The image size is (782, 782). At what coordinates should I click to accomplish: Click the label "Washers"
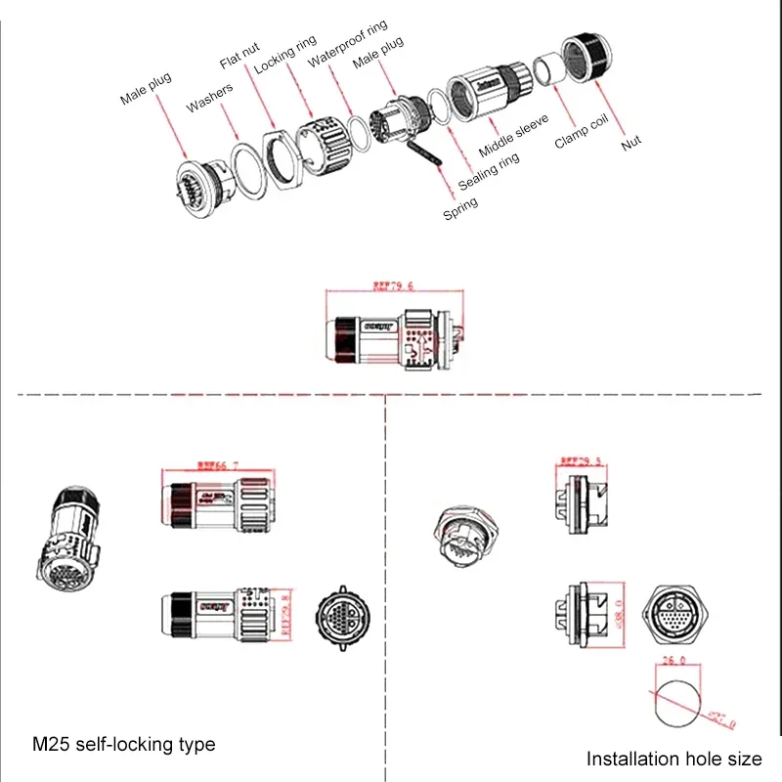210,97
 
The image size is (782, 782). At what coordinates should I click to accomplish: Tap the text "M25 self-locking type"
124,744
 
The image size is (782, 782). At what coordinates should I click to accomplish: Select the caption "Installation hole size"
674,758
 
